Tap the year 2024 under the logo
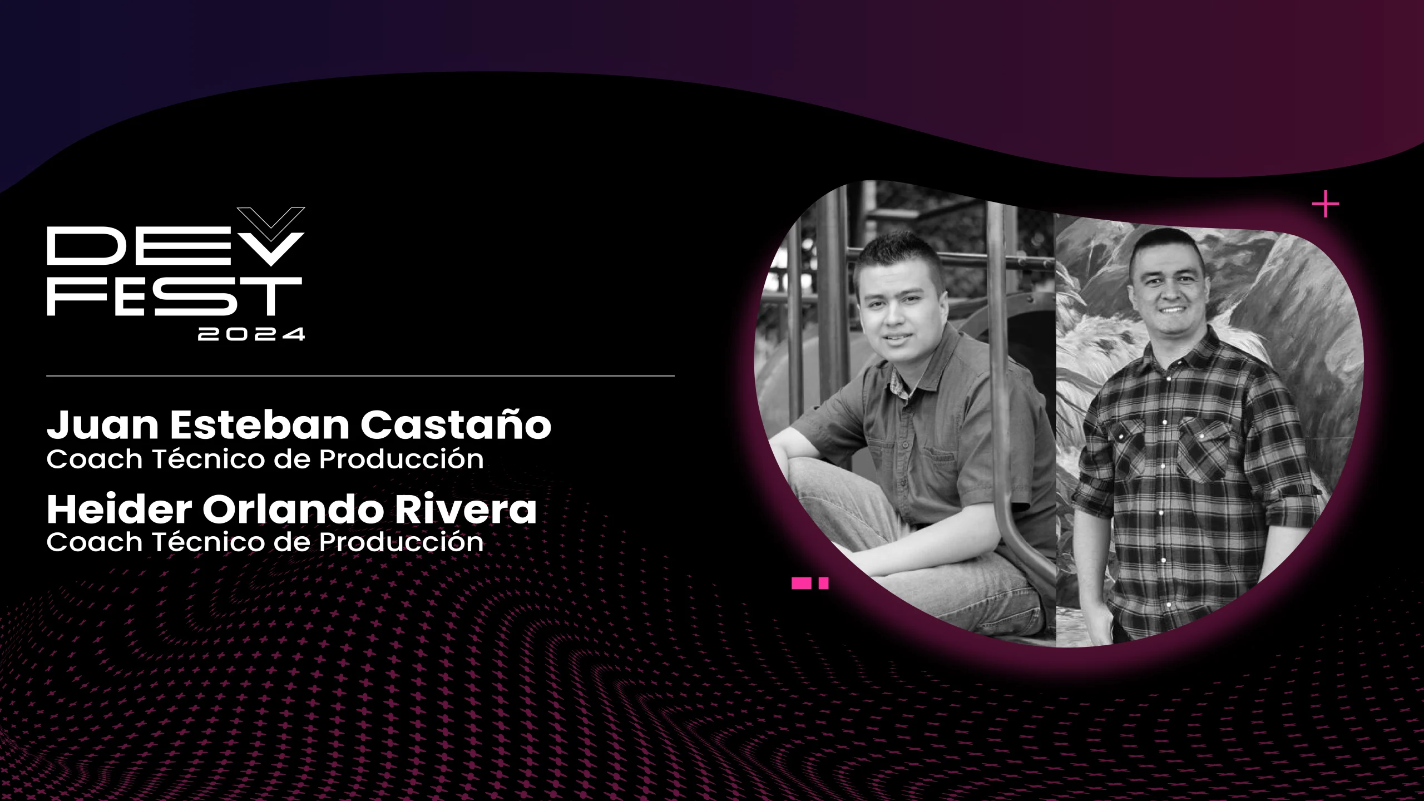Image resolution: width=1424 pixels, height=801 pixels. point(251,334)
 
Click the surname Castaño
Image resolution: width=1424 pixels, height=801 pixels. point(456,425)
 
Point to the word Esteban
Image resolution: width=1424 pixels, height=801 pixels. point(260,426)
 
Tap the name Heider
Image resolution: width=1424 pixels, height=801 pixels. point(119,510)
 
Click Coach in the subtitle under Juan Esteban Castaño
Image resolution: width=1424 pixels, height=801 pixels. point(95,459)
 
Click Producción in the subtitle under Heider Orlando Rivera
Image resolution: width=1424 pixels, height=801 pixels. point(401,542)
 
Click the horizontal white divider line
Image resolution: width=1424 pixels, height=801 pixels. point(360,376)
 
